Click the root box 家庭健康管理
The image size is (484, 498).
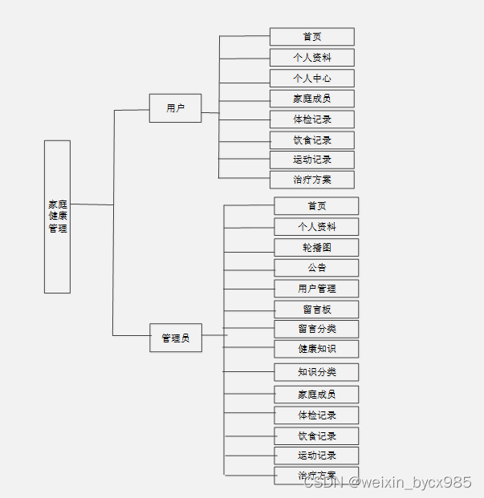[x=57, y=217]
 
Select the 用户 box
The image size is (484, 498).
[x=175, y=108]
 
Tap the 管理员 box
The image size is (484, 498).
[x=175, y=338]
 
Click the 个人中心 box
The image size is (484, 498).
[x=311, y=79]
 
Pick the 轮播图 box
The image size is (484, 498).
[x=316, y=248]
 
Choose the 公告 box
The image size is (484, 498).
[x=316, y=268]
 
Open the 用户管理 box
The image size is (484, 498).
[x=316, y=289]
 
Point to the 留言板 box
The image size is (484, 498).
[x=316, y=310]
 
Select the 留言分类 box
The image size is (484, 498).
[x=316, y=329]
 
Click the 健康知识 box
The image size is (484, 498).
[x=316, y=349]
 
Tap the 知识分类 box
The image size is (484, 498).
[x=316, y=372]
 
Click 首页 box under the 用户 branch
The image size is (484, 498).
[x=311, y=37]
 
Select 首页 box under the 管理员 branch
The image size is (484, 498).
[x=316, y=206]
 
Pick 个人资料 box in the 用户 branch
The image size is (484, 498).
[x=311, y=58]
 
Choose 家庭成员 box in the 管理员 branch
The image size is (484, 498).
[x=316, y=395]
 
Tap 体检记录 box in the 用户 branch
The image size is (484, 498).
[x=311, y=119]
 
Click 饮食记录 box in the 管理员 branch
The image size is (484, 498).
[x=316, y=436]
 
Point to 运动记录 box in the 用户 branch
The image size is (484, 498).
[x=311, y=160]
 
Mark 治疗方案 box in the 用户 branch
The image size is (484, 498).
[x=311, y=180]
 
